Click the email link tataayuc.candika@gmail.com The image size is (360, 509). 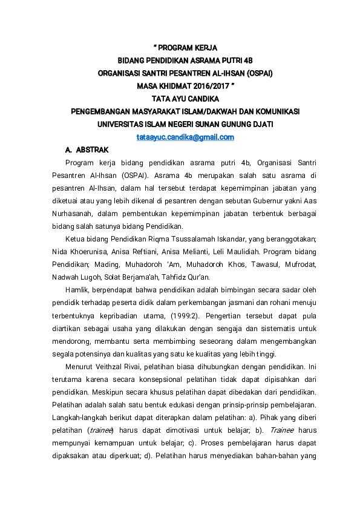click(x=185, y=137)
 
